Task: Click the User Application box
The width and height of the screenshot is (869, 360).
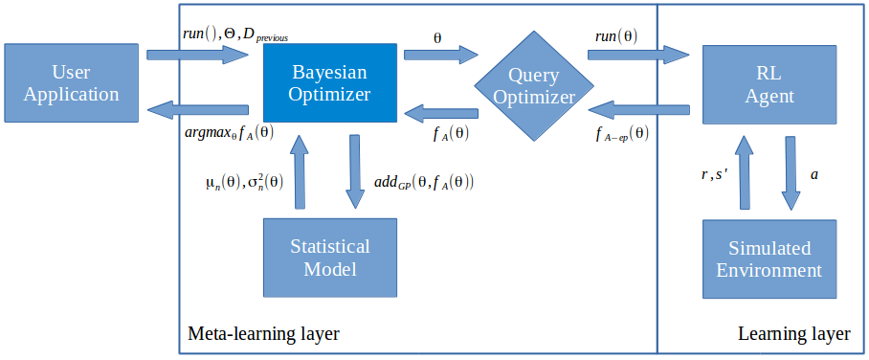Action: click(71, 83)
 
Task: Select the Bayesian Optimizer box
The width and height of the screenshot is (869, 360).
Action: click(330, 83)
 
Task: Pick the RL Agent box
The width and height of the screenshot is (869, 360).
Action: click(769, 83)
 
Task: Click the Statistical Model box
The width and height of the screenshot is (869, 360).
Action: click(330, 258)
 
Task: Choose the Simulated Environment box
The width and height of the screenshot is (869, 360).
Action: click(769, 259)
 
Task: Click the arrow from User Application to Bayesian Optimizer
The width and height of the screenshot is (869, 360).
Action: click(197, 55)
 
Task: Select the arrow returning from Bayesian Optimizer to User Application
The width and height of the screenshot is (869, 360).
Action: click(197, 112)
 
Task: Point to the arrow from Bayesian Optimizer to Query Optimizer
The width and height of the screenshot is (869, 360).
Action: click(441, 55)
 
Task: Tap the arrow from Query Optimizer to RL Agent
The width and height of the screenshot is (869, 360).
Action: click(638, 55)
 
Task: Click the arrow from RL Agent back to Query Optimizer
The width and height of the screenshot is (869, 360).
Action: click(638, 112)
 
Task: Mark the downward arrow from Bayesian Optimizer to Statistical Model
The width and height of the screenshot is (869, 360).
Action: click(355, 171)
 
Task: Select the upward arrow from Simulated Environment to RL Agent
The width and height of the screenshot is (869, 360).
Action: click(744, 172)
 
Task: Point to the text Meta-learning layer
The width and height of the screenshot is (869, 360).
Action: click(263, 334)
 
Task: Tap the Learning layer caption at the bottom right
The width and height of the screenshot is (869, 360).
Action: click(794, 334)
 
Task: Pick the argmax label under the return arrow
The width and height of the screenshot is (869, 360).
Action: click(227, 134)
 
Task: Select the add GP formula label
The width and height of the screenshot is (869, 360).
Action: click(424, 183)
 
